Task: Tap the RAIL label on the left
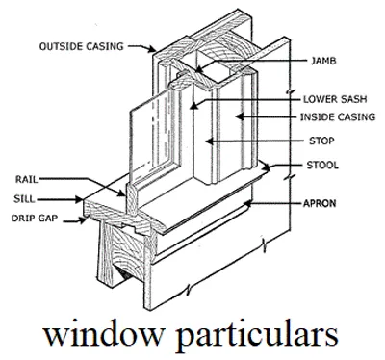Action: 26,180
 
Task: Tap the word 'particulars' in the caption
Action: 257,335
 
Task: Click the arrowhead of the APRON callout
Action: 247,204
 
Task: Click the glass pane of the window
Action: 149,135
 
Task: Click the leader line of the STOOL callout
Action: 289,166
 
